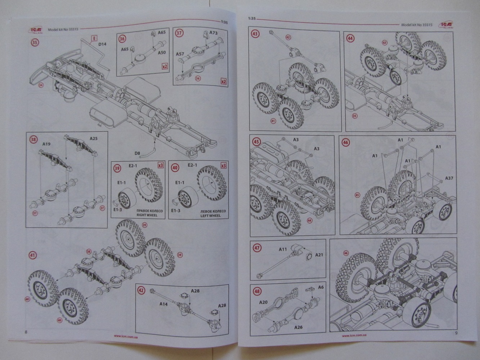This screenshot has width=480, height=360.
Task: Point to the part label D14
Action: coord(103,45)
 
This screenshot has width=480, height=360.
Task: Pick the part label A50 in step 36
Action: coord(162,52)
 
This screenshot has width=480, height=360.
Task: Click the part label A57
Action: coord(181,54)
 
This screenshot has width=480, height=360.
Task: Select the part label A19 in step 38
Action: coord(46,143)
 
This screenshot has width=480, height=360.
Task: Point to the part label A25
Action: coord(93,138)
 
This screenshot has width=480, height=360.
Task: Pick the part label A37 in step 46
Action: coord(449,178)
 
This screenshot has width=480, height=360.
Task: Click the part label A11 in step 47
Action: coord(283,249)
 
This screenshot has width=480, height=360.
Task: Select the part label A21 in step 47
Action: coord(319,255)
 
